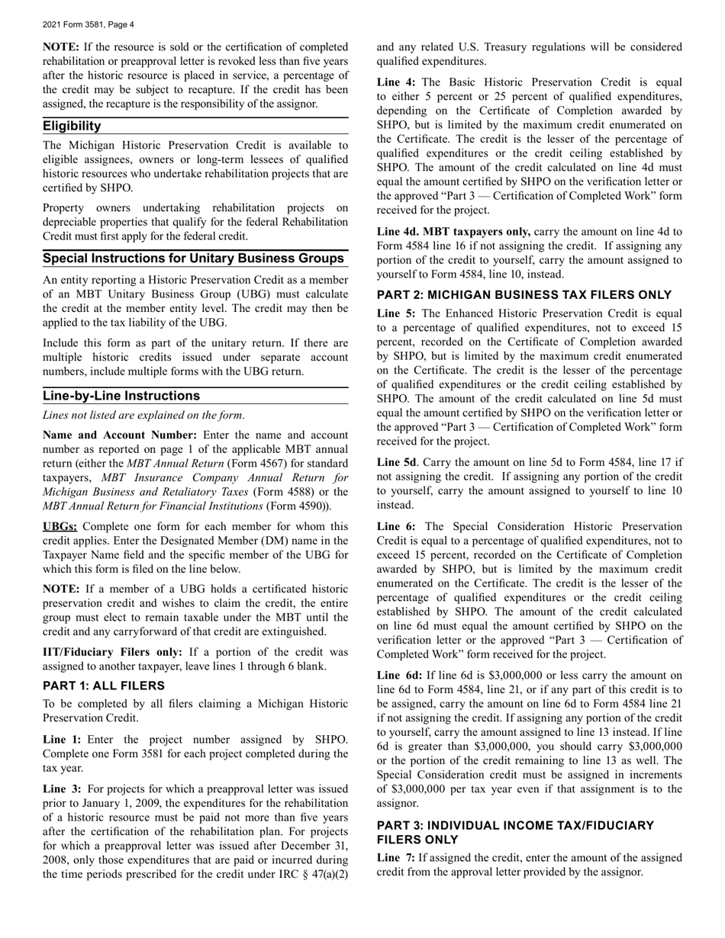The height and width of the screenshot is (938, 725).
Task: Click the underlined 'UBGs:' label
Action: click(x=60, y=526)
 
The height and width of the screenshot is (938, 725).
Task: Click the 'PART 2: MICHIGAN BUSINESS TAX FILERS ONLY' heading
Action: click(x=524, y=295)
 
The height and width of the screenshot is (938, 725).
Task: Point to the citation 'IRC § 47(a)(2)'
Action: click(x=314, y=873)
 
